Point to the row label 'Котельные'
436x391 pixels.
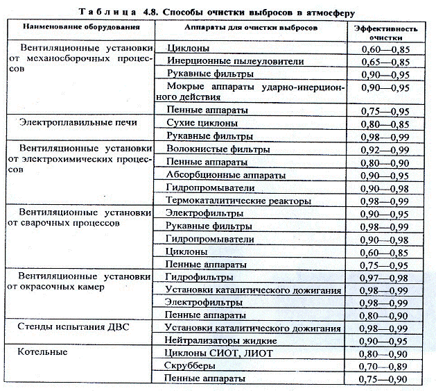[44, 352]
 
